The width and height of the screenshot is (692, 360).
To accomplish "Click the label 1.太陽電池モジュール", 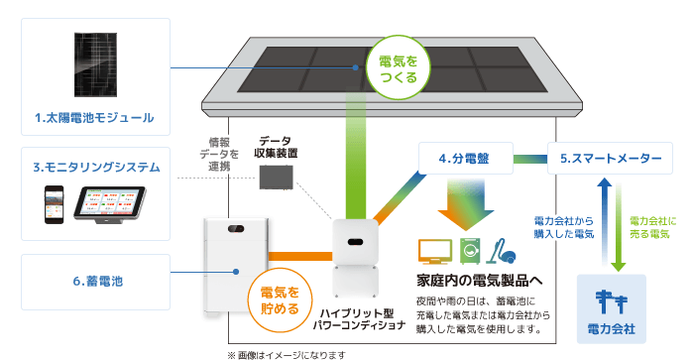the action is click(94, 118).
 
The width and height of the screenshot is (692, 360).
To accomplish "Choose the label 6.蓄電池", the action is click(94, 281).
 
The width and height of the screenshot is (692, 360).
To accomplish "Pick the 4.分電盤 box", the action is click(465, 157).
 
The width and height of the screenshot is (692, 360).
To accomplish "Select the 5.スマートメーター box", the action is click(605, 157).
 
